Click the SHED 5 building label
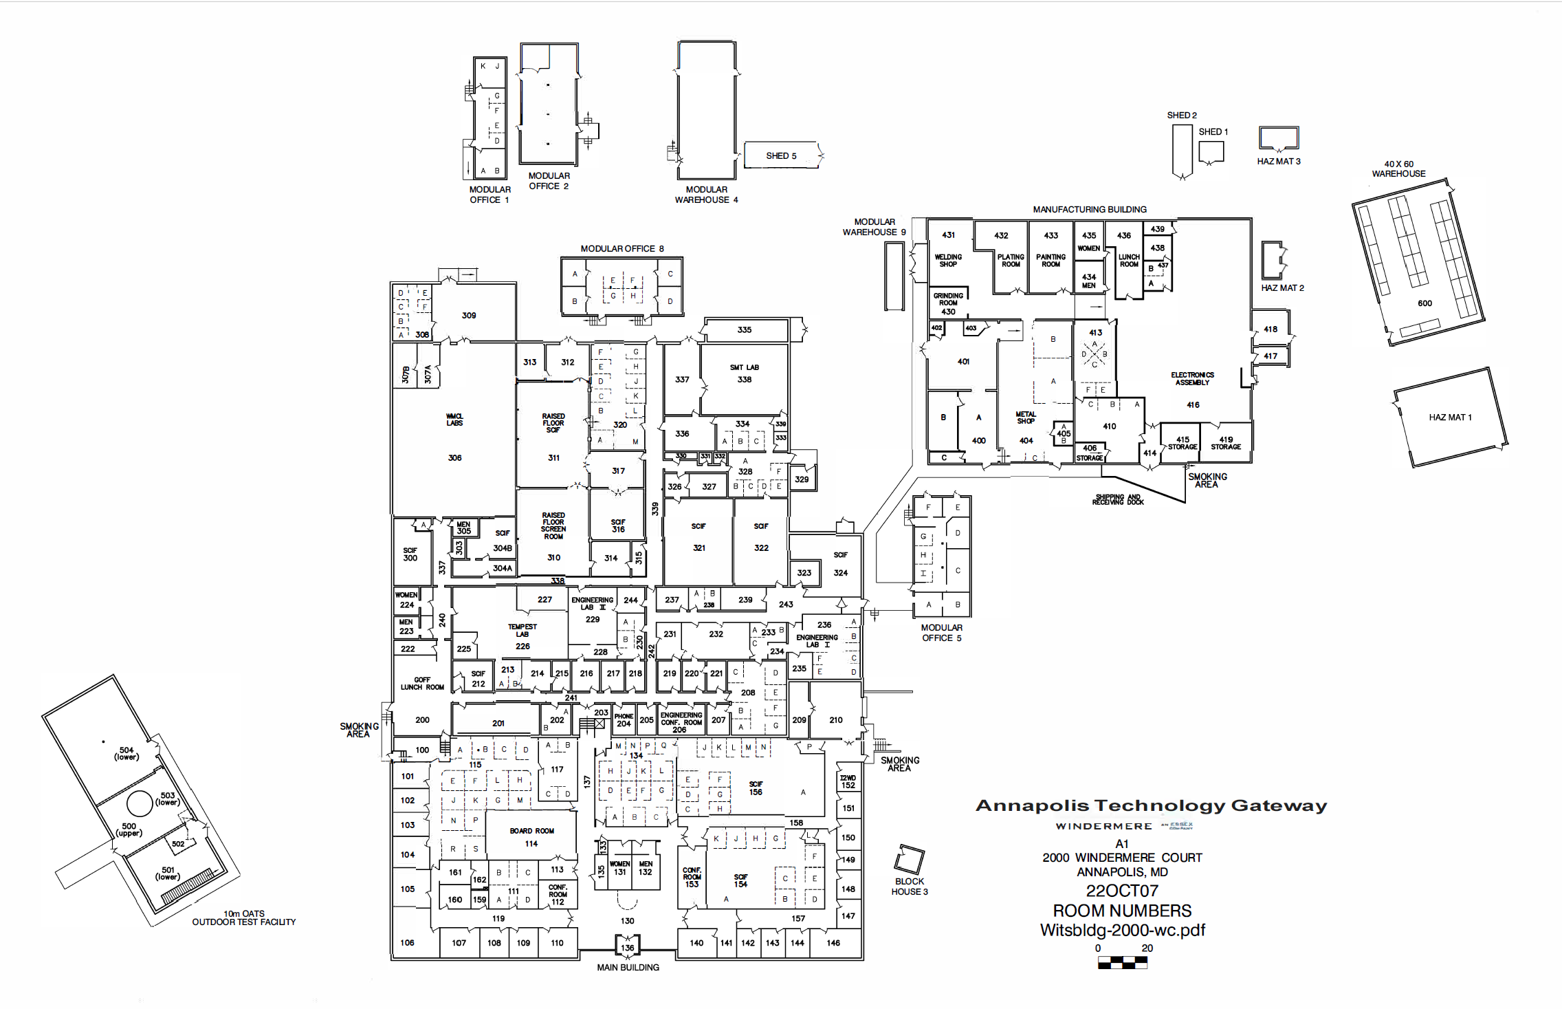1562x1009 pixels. [x=781, y=156]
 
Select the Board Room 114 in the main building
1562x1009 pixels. [x=531, y=837]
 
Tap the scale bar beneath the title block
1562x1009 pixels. [x=1122, y=962]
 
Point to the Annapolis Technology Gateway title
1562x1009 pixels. [x=1152, y=805]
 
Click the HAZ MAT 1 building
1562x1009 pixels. [x=1450, y=417]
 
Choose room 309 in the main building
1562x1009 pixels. [x=469, y=315]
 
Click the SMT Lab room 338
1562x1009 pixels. [x=745, y=373]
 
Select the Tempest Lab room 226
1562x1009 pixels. [x=522, y=636]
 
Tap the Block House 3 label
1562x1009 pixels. [x=910, y=887]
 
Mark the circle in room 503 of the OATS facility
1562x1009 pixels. [x=140, y=803]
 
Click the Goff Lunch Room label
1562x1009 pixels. [x=422, y=683]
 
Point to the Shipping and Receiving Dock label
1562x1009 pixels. [x=1118, y=499]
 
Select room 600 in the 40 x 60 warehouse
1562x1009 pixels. [x=1424, y=303]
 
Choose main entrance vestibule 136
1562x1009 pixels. [x=628, y=946]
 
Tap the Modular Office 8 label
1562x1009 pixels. [x=622, y=249]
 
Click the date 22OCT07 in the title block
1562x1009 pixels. [x=1122, y=891]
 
